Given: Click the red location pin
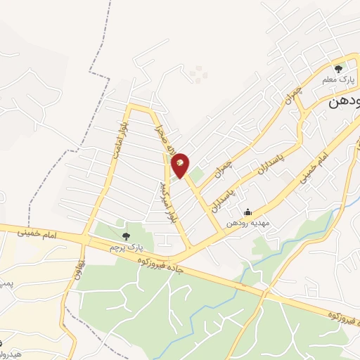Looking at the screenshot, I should coord(181,165).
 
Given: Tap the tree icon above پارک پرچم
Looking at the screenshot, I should coord(126,236).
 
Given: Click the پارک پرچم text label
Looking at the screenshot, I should coord(125,247).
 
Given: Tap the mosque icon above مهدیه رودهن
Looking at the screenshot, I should coord(247,212).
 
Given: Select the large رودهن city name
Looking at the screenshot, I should coord(344,101).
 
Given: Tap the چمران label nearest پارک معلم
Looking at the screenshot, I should coord(292,97).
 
